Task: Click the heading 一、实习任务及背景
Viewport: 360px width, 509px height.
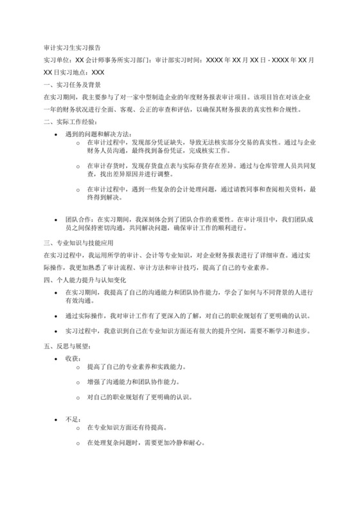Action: click(x=71, y=85)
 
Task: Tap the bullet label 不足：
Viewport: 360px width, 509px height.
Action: click(x=73, y=418)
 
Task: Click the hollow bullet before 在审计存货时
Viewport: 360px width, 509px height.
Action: click(x=78, y=166)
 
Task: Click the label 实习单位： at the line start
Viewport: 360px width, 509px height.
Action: click(x=57, y=60)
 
